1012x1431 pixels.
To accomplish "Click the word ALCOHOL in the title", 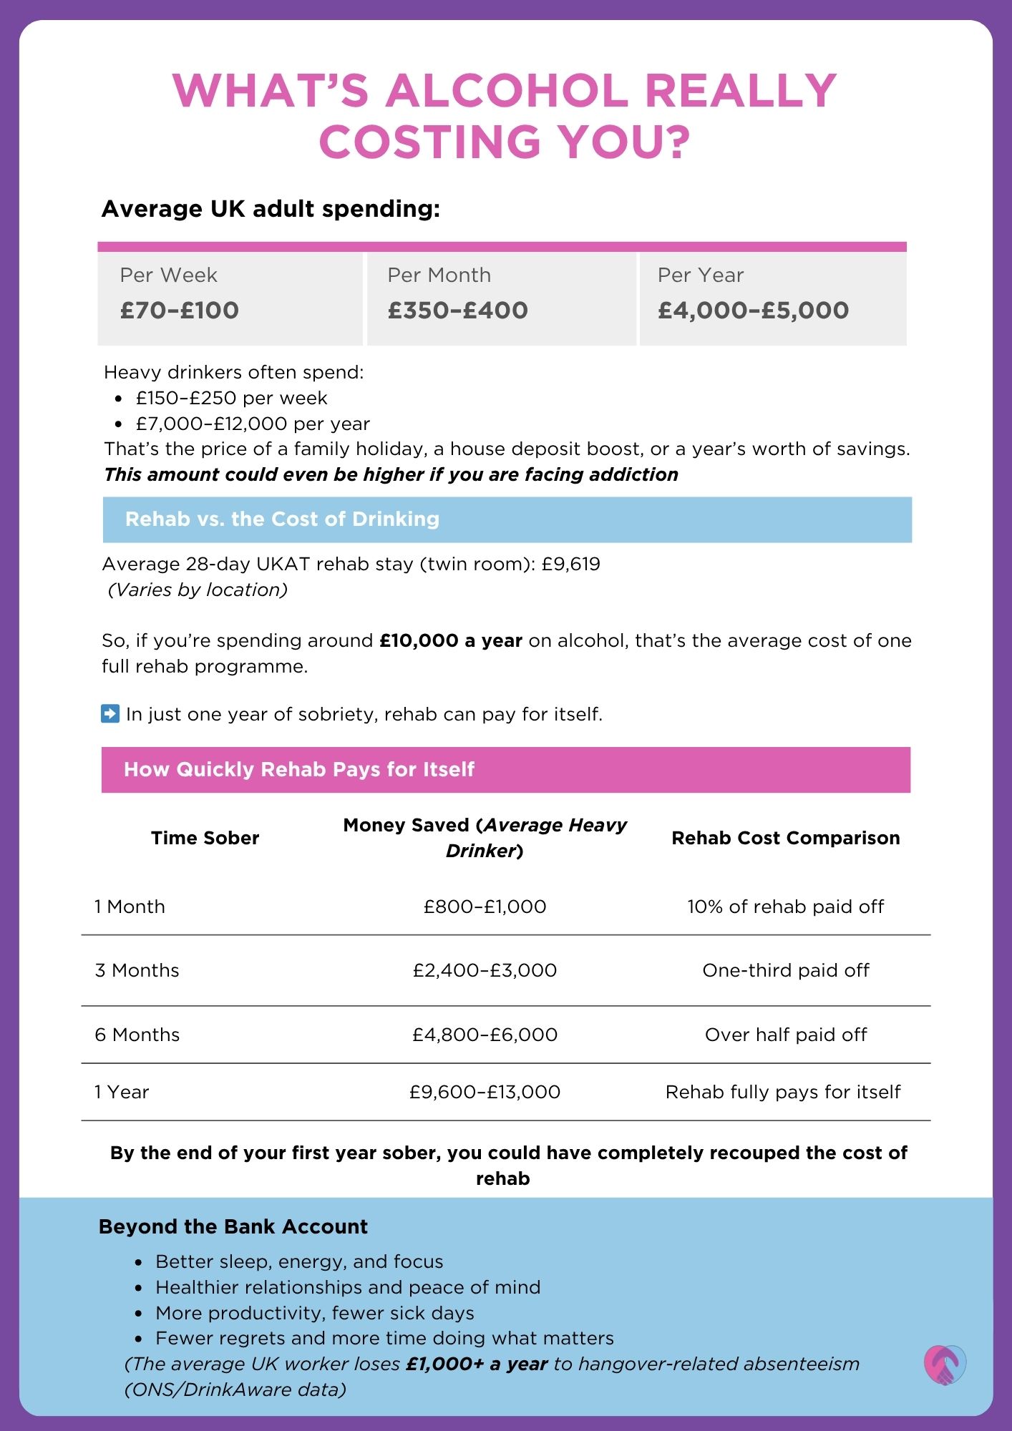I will (507, 91).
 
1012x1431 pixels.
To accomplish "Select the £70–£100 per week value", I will (179, 311).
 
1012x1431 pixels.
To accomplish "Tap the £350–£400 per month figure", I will (457, 311).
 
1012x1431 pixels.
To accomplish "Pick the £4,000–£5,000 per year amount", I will (753, 311).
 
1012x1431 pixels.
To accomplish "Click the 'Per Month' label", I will (439, 275).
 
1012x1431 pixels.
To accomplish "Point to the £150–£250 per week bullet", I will (231, 398).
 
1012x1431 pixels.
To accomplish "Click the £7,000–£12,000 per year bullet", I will (253, 424).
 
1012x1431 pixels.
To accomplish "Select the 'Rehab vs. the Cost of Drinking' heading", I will (282, 519).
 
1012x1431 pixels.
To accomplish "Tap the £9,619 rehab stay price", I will (570, 564).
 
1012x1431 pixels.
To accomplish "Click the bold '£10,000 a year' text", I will (451, 640).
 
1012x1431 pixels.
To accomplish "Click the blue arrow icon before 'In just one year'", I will (110, 713).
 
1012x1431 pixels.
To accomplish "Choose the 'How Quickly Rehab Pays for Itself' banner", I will (299, 770).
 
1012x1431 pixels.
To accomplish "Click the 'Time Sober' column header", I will (205, 838).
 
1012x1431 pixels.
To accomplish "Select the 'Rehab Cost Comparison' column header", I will (785, 838).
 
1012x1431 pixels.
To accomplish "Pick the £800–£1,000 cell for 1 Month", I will (485, 907).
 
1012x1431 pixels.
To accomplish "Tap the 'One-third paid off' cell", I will (785, 970).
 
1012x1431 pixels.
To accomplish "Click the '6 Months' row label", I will (137, 1035).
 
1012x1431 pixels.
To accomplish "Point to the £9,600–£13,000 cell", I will (485, 1092).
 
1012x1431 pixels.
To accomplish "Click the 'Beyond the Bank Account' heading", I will (233, 1226).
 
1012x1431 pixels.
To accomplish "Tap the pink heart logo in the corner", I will (944, 1364).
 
